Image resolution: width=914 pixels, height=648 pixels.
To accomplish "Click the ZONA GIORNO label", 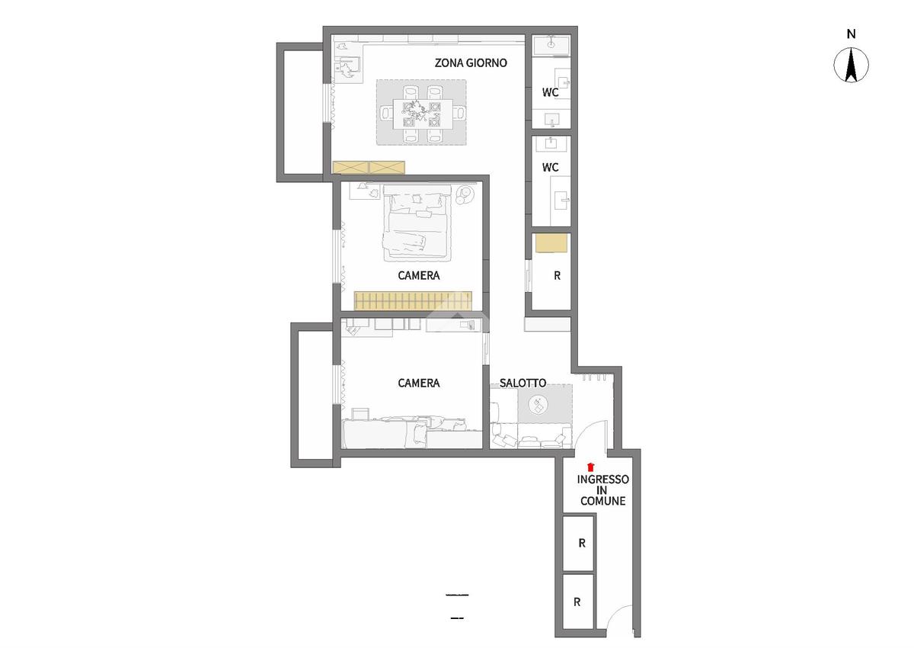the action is pos(471,63).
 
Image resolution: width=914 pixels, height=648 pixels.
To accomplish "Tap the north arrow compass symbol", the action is pos(851,65).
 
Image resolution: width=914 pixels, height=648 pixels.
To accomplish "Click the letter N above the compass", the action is pos(852,34).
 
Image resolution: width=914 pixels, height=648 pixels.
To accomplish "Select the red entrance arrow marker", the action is pos(590,467).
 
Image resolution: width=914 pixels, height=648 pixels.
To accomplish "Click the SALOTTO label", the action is pos(523,383).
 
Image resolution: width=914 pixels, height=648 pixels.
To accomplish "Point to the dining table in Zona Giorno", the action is pos(422,114).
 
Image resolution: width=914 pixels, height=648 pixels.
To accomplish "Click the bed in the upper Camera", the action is pos(417,223).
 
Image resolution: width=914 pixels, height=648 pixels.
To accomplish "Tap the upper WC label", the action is pos(550,92).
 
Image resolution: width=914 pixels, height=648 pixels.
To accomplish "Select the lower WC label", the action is pos(550,167).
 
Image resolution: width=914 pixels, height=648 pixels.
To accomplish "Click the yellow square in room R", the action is pos(551,243).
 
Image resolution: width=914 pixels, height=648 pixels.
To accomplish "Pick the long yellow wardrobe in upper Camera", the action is pos(413,300).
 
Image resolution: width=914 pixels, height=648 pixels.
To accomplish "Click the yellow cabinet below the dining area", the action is pos(369,168).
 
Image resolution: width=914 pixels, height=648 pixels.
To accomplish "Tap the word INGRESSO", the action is pos(602,480).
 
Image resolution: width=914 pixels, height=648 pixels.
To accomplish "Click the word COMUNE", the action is pos(602,501).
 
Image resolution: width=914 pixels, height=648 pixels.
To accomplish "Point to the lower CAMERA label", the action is pos(419,383).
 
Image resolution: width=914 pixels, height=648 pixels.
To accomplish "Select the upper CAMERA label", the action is pos(419,276).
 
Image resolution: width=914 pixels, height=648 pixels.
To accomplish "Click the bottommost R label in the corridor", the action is pos(577,601).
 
